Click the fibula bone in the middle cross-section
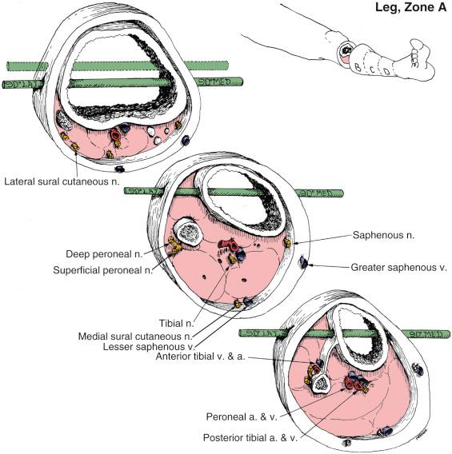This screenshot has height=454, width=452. [x=188, y=236]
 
